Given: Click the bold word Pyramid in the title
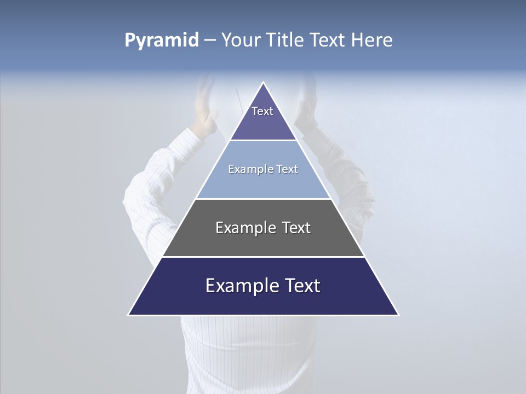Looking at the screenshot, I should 162,40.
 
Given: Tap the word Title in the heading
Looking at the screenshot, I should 287,40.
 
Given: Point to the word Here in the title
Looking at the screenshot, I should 372,40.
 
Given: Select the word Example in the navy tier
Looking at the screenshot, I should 239,286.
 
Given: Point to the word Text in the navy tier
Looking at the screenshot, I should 300,286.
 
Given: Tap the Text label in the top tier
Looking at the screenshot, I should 262,111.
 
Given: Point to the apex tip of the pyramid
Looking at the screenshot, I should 264,83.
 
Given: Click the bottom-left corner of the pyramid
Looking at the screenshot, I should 129,314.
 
